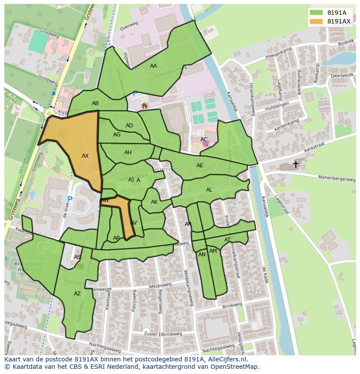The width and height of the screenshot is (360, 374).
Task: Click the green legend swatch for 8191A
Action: click(x=317, y=12)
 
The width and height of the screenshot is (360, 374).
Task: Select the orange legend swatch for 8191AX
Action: click(x=317, y=21)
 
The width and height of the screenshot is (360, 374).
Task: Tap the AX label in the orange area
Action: click(x=85, y=156)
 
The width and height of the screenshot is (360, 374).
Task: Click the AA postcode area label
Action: click(x=153, y=66)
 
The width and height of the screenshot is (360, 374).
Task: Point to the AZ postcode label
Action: click(x=77, y=294)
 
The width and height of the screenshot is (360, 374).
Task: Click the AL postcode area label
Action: click(x=209, y=190)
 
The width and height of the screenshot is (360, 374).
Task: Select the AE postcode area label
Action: click(x=200, y=165)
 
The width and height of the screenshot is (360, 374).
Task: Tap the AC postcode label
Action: click(x=204, y=139)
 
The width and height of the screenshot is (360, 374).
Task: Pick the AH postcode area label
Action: click(x=128, y=152)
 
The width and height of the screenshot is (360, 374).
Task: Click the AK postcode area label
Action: click(x=154, y=202)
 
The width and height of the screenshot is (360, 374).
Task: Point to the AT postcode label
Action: click(x=227, y=240)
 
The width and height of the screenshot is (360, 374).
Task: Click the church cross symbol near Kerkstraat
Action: click(x=296, y=164)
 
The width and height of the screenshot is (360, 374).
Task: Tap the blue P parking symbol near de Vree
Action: click(x=70, y=200)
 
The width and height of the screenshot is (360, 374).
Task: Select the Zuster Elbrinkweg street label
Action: click(x=163, y=334)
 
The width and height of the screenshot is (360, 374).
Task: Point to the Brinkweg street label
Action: click(x=232, y=307)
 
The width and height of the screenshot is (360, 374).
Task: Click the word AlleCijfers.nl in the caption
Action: click(x=226, y=359)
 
